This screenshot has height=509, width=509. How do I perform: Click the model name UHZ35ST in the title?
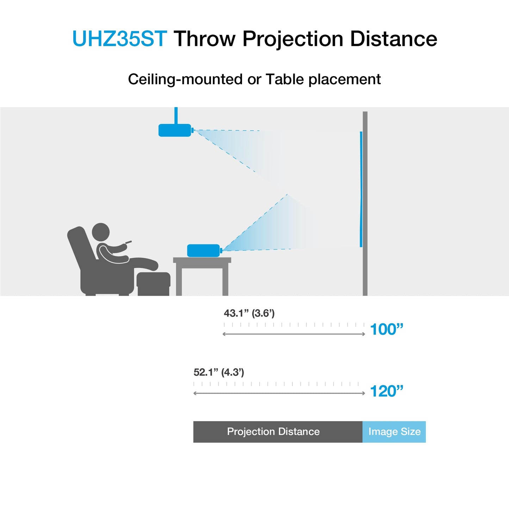[x=119, y=38]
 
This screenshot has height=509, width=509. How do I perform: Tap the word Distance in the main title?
[x=393, y=38]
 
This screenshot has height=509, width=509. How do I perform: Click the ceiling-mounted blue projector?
[x=175, y=130]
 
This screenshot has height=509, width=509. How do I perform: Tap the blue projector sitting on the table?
[x=203, y=250]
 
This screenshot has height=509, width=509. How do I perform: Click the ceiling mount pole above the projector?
[x=176, y=115]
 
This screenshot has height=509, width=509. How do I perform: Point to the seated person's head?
[x=101, y=232]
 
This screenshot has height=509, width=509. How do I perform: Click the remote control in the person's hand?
[x=129, y=242]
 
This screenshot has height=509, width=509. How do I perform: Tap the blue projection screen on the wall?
[x=361, y=189]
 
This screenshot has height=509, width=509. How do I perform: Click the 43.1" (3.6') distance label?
[x=249, y=313]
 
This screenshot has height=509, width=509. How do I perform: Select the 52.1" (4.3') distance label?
[x=219, y=372]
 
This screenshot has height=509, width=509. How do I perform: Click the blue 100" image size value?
[x=386, y=329]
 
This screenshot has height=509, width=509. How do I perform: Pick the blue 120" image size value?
[x=386, y=391]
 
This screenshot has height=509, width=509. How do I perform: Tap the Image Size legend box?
[x=394, y=432]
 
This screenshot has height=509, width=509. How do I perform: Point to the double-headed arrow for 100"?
[x=294, y=334]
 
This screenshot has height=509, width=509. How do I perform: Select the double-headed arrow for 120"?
[x=279, y=393]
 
